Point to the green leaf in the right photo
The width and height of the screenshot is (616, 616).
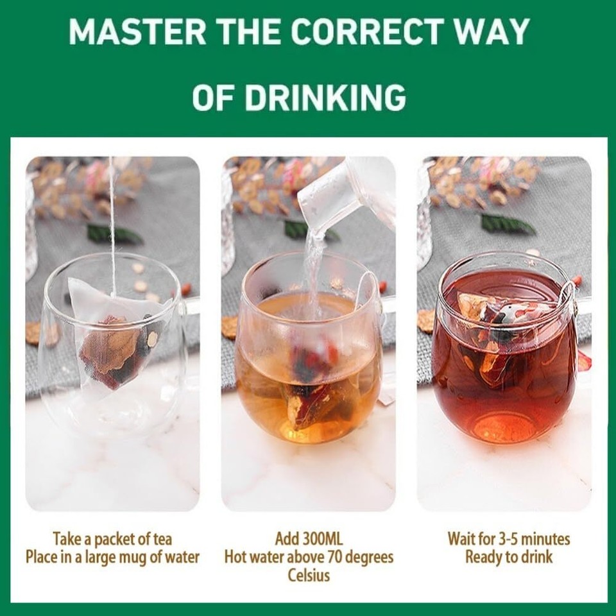pyautogui.click(x=508, y=224)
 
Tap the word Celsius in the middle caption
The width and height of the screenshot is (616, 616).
pyautogui.click(x=309, y=574)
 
